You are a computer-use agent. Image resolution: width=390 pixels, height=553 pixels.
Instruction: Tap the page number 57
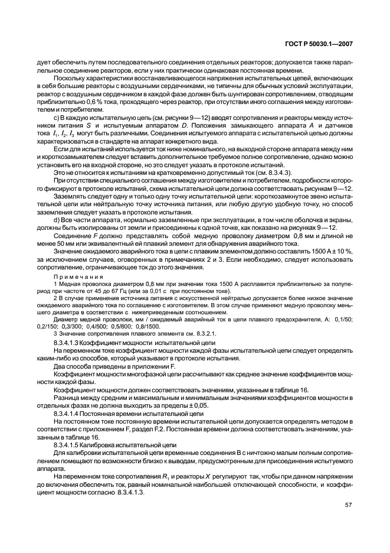click(x=349, y=505)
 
